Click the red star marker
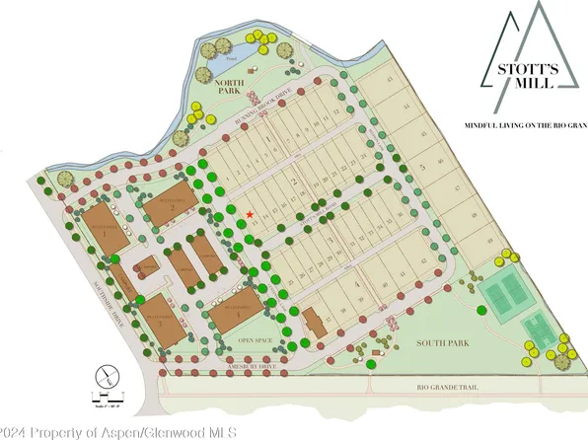[251, 214]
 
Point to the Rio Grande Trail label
[447, 387]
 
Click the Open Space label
[254, 338]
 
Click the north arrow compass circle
[106, 375]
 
